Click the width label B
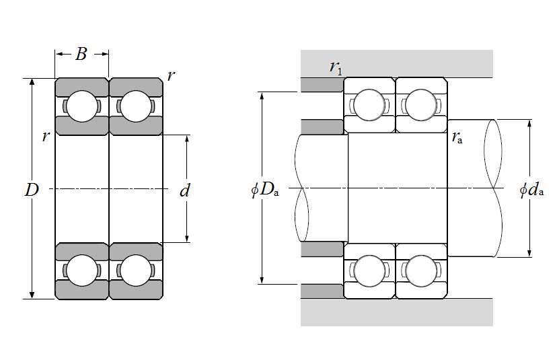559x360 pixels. pyautogui.click(x=81, y=54)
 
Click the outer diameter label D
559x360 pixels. pyautogui.click(x=32, y=190)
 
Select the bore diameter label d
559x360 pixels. pyautogui.click(x=185, y=191)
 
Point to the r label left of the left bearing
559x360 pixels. pyautogui.click(x=45, y=137)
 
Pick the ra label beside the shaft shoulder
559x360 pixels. pyautogui.click(x=457, y=139)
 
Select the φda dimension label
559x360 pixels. pyautogui.click(x=531, y=190)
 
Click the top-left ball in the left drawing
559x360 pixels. pyautogui.click(x=81, y=106)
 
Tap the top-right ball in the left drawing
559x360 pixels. pyautogui.click(x=135, y=106)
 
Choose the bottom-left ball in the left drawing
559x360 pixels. pyautogui.click(x=81, y=270)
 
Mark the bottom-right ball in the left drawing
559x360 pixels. pyautogui.click(x=135, y=270)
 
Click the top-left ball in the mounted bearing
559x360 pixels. pyautogui.click(x=369, y=105)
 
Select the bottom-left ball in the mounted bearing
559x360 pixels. pyautogui.click(x=369, y=271)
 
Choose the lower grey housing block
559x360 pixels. pyautogui.click(x=397, y=313)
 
